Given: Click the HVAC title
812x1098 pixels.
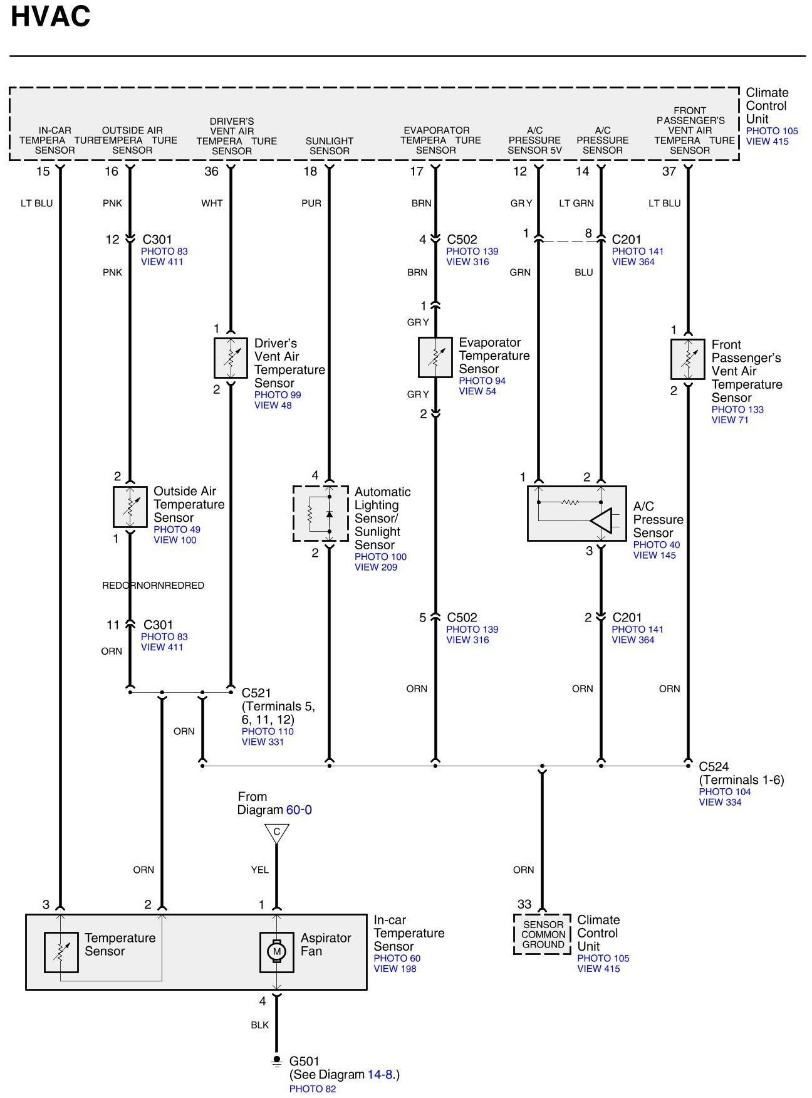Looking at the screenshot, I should (x=51, y=16).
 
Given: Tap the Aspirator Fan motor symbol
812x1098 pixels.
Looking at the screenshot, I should (x=276, y=952).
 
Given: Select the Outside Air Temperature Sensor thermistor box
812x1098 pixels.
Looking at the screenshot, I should (x=130, y=507).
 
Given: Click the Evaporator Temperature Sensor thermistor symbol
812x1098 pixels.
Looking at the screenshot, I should (x=435, y=357).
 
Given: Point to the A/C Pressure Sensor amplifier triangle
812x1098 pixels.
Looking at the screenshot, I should (x=601, y=520).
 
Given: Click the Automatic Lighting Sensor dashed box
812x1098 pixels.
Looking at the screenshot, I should (x=320, y=514).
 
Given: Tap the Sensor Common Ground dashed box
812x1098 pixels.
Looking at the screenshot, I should (x=543, y=934).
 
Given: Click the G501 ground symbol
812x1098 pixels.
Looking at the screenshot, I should (x=276, y=1061).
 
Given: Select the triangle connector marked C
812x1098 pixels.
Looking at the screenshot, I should (x=276, y=833).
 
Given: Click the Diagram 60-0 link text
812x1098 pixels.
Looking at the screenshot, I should (x=299, y=810).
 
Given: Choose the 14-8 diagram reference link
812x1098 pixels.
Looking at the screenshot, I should (x=381, y=1074).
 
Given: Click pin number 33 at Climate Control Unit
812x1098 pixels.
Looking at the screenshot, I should (x=524, y=904).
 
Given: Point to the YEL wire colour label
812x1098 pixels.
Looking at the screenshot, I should (x=259, y=870).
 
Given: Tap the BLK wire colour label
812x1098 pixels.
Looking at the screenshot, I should (x=259, y=1025).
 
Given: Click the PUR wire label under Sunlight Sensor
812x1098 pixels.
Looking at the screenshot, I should (x=311, y=203).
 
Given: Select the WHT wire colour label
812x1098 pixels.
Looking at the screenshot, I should (x=212, y=203).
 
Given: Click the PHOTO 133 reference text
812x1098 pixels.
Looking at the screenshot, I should (x=737, y=409).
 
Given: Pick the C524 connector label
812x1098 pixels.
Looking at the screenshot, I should (x=714, y=766).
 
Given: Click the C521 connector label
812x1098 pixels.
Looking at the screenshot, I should (x=256, y=693).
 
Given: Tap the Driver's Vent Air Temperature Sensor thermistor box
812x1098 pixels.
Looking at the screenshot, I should (x=231, y=358).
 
